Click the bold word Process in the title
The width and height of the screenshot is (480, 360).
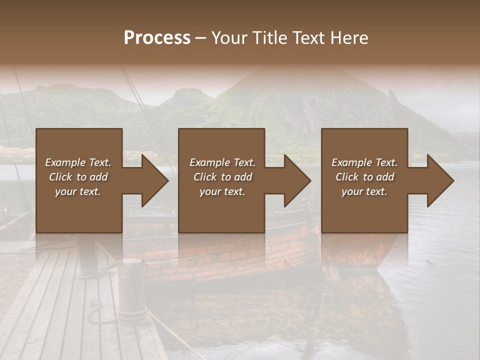point(157,38)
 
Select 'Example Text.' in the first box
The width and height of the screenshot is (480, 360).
point(78,162)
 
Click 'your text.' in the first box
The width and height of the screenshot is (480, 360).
point(78,191)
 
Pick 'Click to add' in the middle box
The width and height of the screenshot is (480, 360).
point(222,177)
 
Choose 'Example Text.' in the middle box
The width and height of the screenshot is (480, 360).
point(222,162)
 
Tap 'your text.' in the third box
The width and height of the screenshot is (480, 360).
point(364,191)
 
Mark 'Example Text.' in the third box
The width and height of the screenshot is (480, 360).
point(364,162)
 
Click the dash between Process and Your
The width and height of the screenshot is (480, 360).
point(201,38)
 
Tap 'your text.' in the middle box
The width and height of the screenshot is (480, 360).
point(222,191)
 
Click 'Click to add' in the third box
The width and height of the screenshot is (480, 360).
point(364,177)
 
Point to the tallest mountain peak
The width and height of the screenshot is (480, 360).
point(270,70)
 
